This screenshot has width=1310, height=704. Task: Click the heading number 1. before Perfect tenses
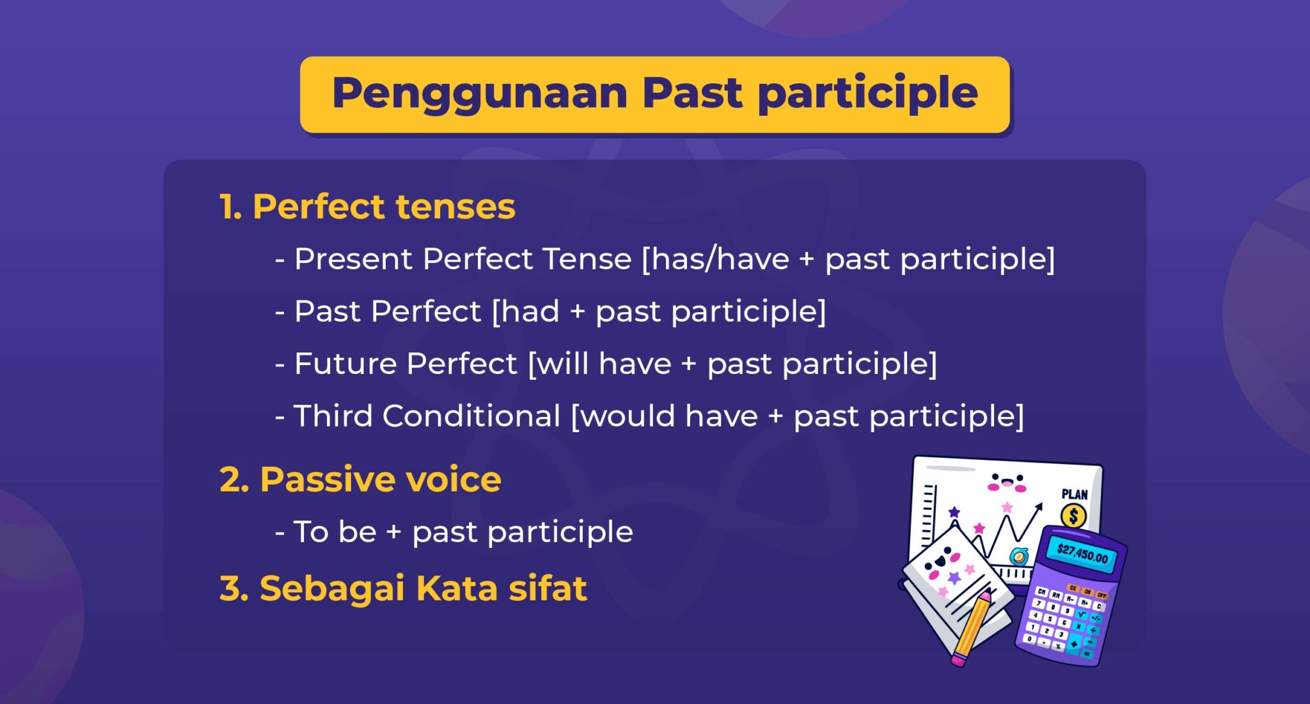pyautogui.click(x=230, y=207)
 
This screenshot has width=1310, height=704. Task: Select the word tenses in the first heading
pyautogui.click(x=455, y=207)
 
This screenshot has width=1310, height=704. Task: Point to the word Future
pyautogui.click(x=345, y=364)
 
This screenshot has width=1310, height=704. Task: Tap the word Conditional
pyautogui.click(x=471, y=416)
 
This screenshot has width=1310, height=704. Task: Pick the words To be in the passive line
pyautogui.click(x=335, y=532)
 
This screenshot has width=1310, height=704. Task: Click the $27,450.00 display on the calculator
pyautogui.click(x=1082, y=553)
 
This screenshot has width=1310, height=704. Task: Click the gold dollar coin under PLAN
pyautogui.click(x=1073, y=515)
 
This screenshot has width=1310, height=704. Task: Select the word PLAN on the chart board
pyautogui.click(x=1074, y=494)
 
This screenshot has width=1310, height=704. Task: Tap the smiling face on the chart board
pyautogui.click(x=1006, y=483)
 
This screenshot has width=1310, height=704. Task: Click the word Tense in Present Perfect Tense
pyautogui.click(x=587, y=260)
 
